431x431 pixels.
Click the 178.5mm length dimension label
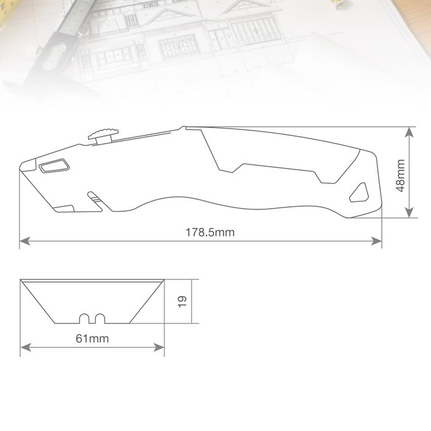[x=210, y=233]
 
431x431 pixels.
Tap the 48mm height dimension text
[x=400, y=175]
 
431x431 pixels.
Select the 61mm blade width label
[x=92, y=339]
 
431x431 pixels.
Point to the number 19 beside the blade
[x=182, y=302]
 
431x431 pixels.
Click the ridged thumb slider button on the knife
[x=103, y=136]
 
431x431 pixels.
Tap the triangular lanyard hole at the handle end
[x=359, y=192]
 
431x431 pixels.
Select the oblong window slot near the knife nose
[x=54, y=166]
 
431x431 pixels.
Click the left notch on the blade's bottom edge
[x=84, y=318]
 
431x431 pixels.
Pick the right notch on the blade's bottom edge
[x=100, y=318]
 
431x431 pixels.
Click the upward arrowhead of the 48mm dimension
[x=409, y=132]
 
